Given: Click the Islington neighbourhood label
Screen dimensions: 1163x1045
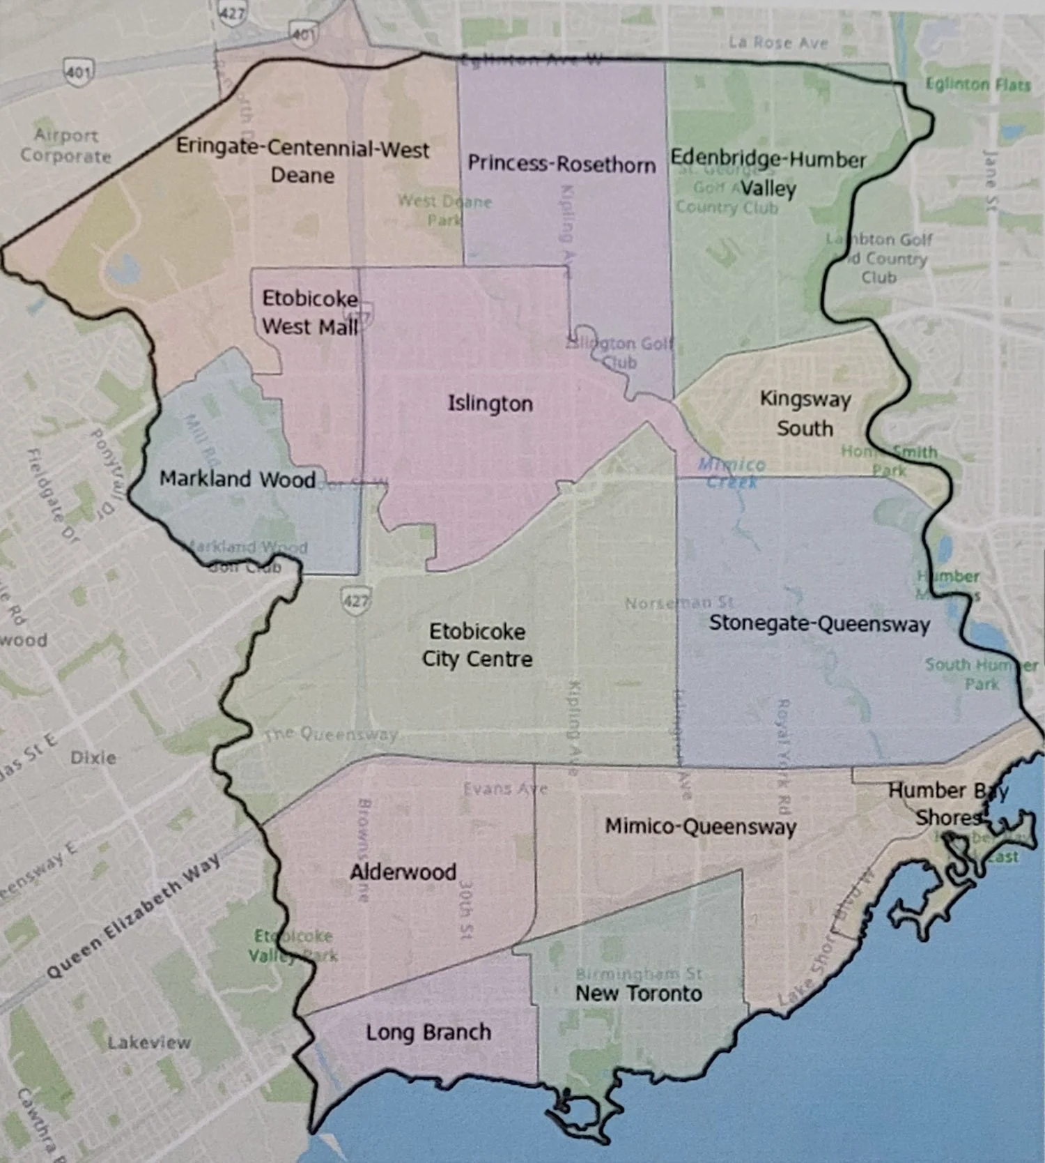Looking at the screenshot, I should coord(490,404).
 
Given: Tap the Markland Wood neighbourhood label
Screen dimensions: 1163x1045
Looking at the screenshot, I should coord(237,479).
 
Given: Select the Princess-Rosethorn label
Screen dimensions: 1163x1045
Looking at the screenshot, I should coord(562,164).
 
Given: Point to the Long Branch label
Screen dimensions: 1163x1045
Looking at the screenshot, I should coord(428,1032).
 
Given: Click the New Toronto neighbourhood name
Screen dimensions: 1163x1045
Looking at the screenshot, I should coord(638,994).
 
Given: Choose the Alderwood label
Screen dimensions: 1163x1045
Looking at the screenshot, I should coord(403,872).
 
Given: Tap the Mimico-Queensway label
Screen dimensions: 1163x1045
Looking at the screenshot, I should coord(700,827).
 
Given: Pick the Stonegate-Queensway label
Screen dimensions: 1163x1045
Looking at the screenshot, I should coord(819,623).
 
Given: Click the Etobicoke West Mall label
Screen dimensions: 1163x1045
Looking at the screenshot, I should coord(310,312).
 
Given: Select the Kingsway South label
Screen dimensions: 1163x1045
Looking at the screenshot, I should coord(805,413).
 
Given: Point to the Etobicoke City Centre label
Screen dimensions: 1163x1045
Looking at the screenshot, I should coord(477,645).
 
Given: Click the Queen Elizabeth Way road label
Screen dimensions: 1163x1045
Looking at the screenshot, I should coord(132,917).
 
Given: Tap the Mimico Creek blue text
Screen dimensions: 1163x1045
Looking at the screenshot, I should coord(731,473).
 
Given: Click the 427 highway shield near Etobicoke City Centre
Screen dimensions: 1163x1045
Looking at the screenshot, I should coord(355,600).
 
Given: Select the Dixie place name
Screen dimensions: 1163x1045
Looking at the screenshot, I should coord(93,757).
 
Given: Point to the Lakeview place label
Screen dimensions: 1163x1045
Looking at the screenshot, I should coord(149,1042).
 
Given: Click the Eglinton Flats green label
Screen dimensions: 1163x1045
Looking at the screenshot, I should coord(977,85).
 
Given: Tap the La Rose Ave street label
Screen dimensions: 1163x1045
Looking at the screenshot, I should coord(778,43).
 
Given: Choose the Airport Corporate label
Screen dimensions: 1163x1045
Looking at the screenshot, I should coord(65,145).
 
